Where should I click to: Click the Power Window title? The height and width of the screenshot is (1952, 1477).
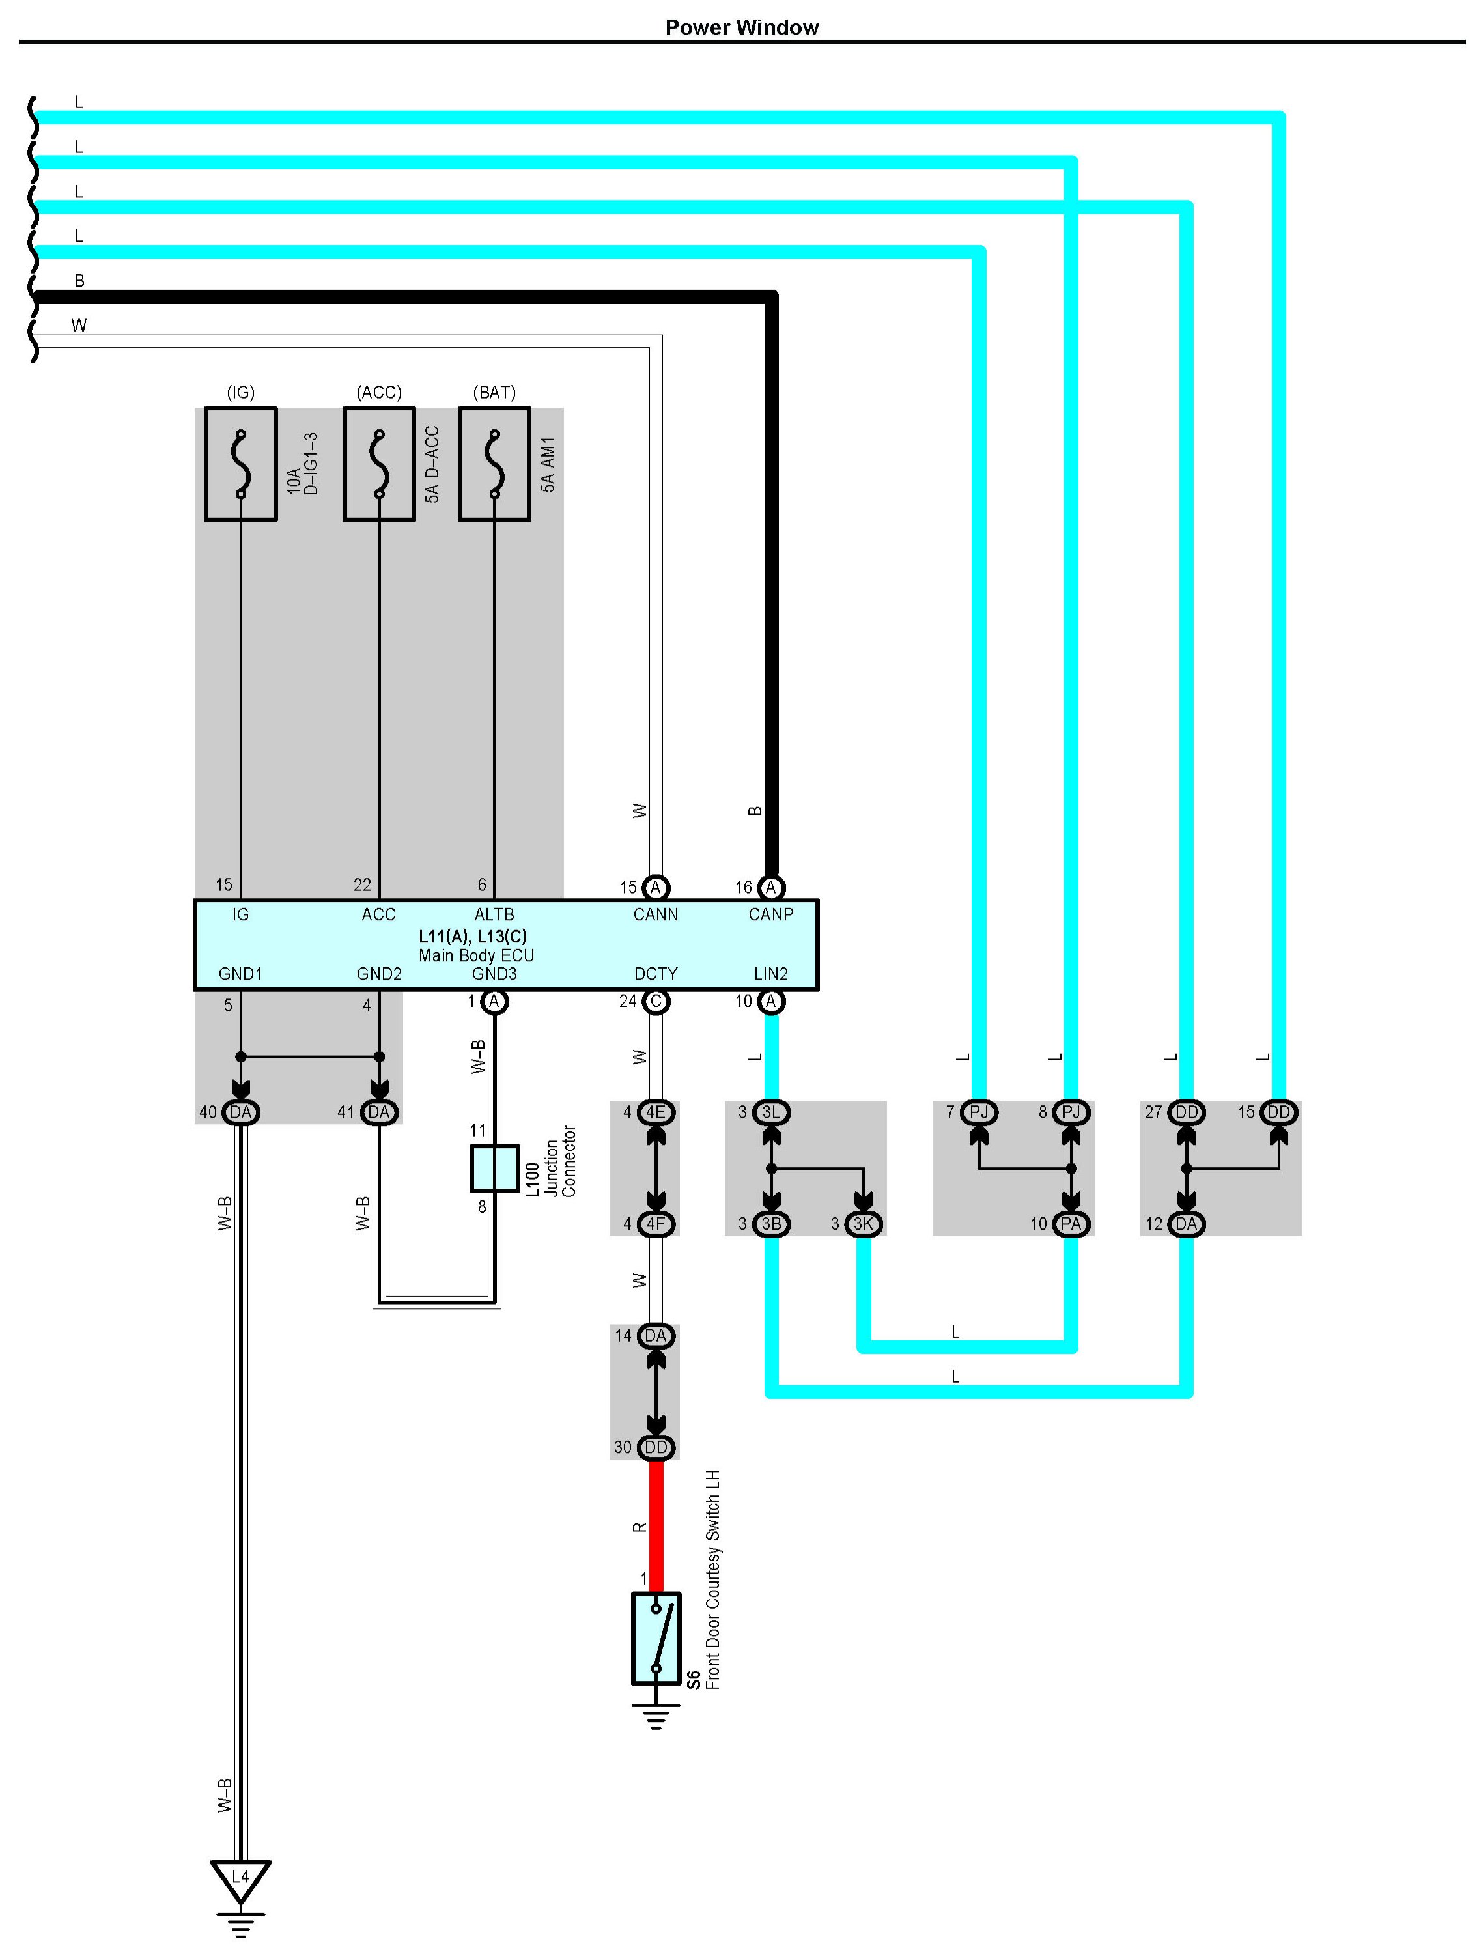coord(741,27)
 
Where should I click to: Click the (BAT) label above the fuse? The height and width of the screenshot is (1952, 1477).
coord(494,392)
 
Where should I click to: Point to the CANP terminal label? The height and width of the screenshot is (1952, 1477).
coord(770,914)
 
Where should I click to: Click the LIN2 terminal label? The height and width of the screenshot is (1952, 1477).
coord(770,973)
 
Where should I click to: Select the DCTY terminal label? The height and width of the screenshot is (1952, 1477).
coord(656,973)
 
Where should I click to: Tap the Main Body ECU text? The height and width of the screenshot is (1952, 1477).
coord(477,955)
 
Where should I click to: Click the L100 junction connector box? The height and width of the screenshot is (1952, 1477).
coord(494,1168)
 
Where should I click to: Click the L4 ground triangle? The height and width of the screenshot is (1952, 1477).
coord(240,1878)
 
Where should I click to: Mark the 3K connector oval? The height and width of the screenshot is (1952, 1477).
coord(863,1224)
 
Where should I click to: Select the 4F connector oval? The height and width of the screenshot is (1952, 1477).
coord(656,1224)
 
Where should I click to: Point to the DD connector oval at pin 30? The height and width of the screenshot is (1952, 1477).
coord(656,1447)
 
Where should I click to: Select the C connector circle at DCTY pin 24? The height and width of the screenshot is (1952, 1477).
coord(656,1002)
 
